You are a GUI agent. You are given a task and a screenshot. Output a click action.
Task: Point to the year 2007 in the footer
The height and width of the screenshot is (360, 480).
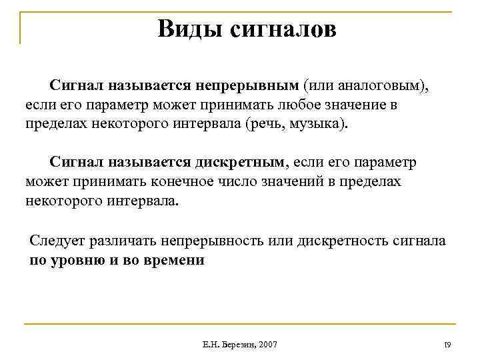pos(267,344)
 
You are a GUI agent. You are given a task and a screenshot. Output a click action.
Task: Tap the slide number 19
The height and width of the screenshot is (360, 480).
pos(447,344)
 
